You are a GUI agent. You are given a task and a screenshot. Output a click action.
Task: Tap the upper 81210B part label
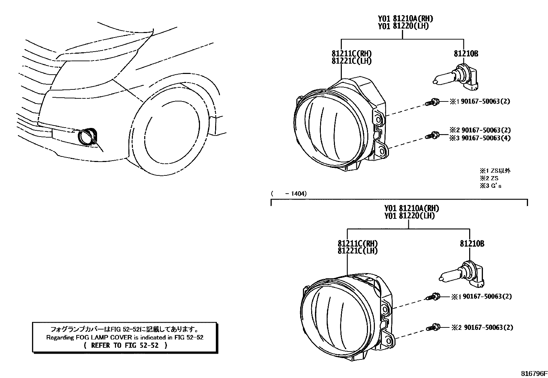point(466,54)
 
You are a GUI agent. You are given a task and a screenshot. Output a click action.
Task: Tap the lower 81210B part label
point(472,244)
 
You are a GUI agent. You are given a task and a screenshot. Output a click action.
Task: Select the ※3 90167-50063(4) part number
point(479,138)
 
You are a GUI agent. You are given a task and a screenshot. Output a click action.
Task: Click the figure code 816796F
point(533,373)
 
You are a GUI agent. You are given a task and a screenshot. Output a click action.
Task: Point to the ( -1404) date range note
point(289,194)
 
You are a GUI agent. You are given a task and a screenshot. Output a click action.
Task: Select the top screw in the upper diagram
point(432,102)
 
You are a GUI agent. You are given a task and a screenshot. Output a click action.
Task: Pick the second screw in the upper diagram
point(432,135)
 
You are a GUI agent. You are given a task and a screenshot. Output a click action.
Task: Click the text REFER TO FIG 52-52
point(125,345)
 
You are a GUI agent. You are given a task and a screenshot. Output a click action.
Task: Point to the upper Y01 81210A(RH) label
point(405,19)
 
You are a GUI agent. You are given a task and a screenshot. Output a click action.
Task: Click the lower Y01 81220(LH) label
point(409,216)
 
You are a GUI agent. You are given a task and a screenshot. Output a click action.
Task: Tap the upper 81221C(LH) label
point(352,61)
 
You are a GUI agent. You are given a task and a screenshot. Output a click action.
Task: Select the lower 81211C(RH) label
point(358,244)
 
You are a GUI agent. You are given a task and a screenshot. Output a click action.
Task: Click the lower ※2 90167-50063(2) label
point(482,327)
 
